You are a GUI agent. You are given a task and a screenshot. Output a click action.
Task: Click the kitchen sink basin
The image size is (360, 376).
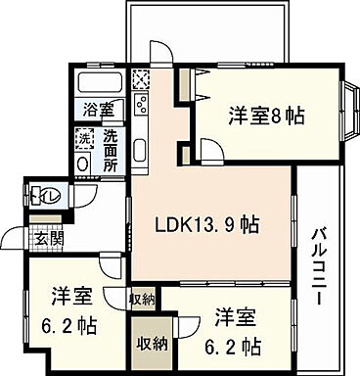139,153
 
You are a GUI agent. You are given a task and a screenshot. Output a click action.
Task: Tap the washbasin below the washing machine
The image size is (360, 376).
83,163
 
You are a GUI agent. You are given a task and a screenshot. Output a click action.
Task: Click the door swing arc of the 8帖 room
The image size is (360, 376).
209,147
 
